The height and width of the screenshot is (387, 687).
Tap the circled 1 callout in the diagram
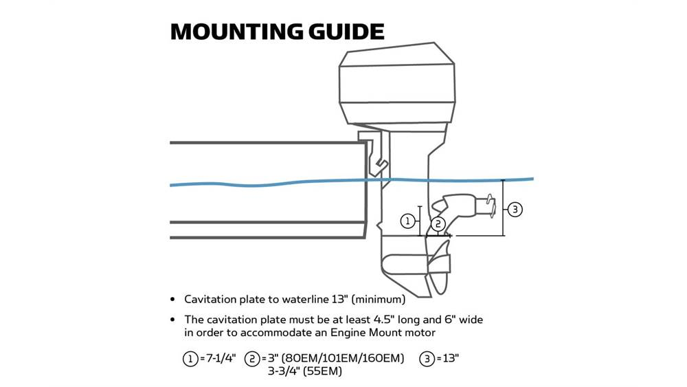(x=408, y=221)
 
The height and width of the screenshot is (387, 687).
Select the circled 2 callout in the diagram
(x=439, y=223)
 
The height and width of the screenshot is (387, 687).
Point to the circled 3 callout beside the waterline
(x=515, y=208)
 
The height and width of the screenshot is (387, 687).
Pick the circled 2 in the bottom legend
(x=251, y=359)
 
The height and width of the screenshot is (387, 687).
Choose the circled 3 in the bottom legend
(x=426, y=359)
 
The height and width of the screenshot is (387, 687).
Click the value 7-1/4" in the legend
(x=219, y=359)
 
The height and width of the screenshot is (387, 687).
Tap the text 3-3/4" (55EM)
(x=305, y=372)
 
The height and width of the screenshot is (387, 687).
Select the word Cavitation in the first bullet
(x=212, y=300)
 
